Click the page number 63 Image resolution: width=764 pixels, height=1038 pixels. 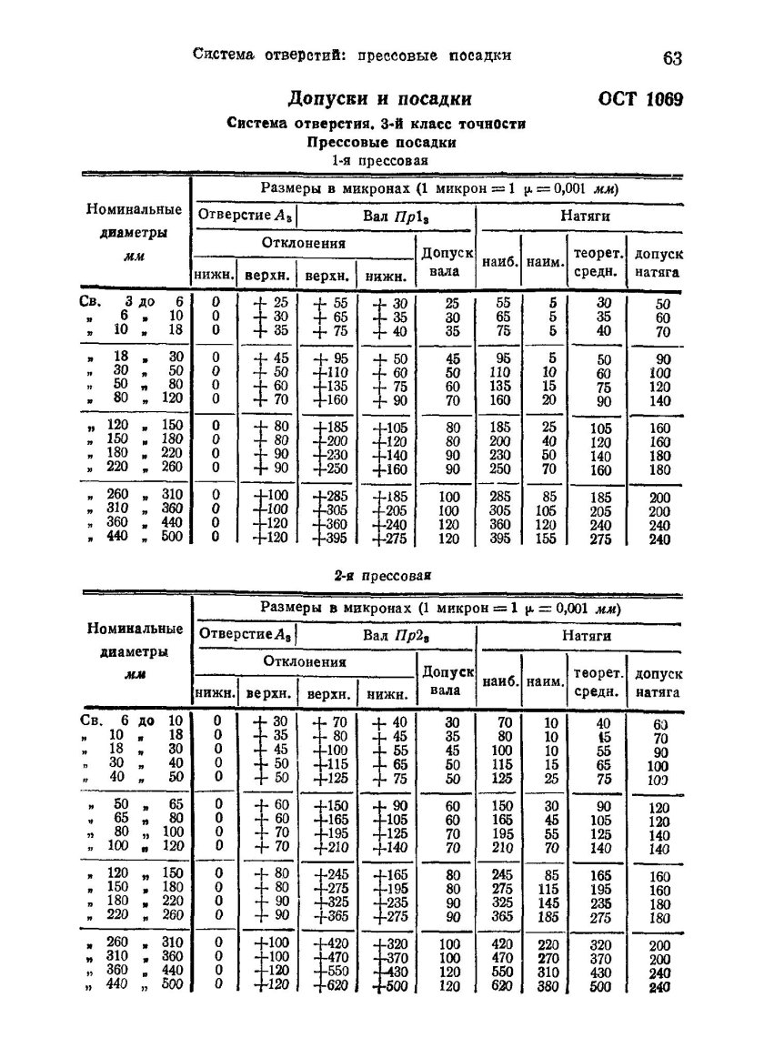[x=672, y=58]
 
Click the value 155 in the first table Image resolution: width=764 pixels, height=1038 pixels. [x=545, y=539]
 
